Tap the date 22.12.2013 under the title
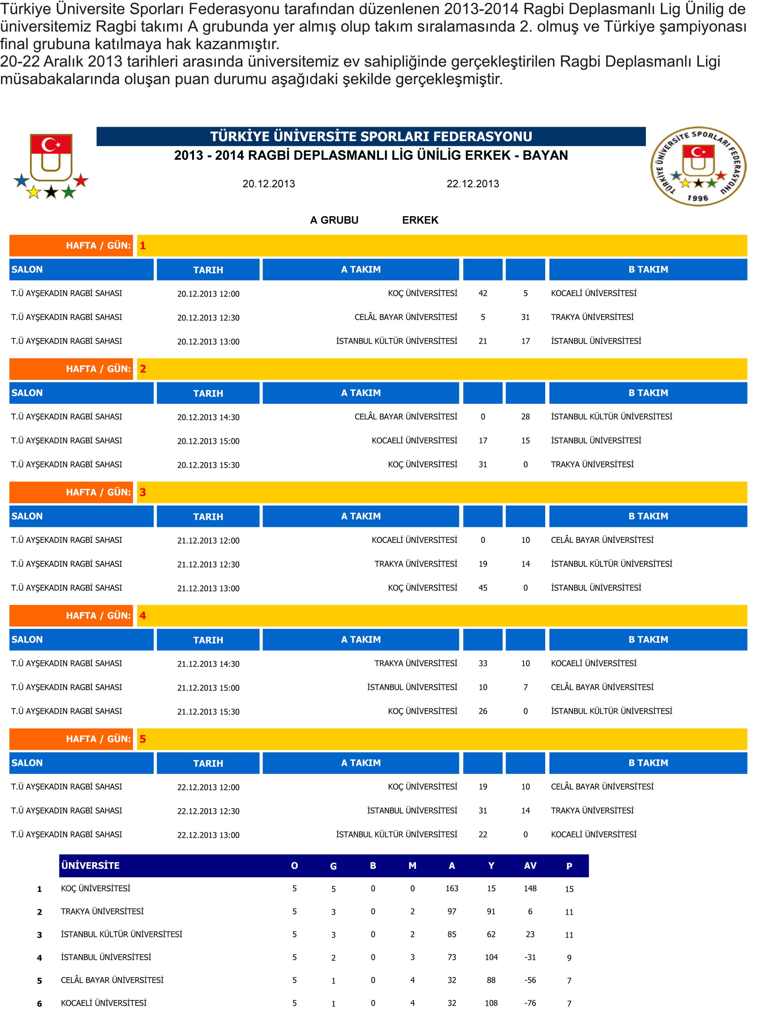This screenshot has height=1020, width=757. pyautogui.click(x=472, y=184)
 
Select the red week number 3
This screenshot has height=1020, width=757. pyautogui.click(x=143, y=492)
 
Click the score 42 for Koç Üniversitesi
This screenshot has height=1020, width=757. pyautogui.click(x=483, y=293)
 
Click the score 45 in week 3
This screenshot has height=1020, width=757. pyautogui.click(x=483, y=588)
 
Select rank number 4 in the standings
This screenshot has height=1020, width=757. pyautogui.click(x=39, y=958)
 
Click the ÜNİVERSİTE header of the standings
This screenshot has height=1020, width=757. pyautogui.click(x=90, y=866)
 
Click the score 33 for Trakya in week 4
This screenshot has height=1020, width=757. pyautogui.click(x=483, y=663)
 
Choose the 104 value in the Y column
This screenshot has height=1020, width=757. pyautogui.click(x=491, y=957)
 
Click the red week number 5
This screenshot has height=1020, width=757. pyautogui.click(x=143, y=739)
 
